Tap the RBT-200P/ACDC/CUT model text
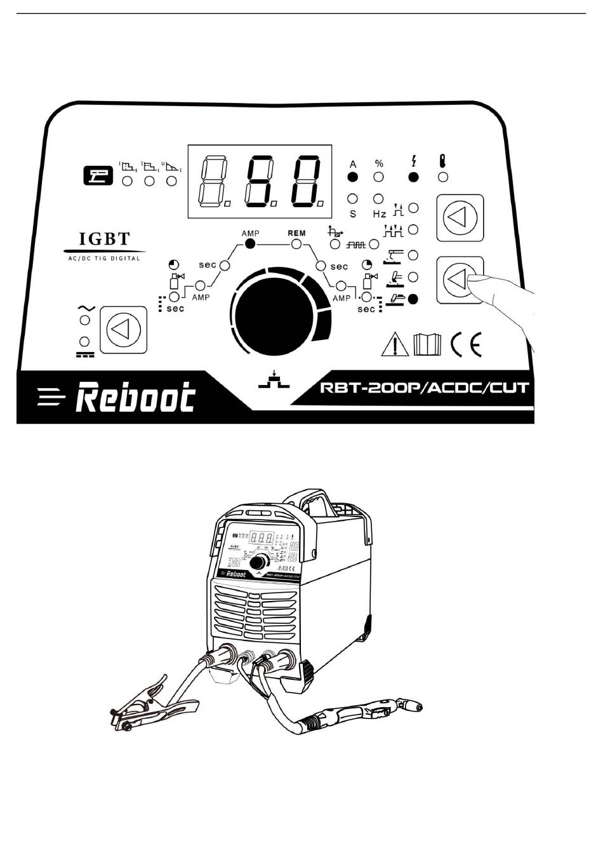[x=425, y=388]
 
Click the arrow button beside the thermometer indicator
[x=460, y=218]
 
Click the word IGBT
[x=104, y=240]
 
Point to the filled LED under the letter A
[x=353, y=177]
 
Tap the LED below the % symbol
[x=379, y=177]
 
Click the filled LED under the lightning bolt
[x=413, y=177]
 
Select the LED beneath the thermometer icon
[x=443, y=177]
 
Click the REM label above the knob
[x=296, y=233]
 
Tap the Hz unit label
[x=380, y=214]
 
